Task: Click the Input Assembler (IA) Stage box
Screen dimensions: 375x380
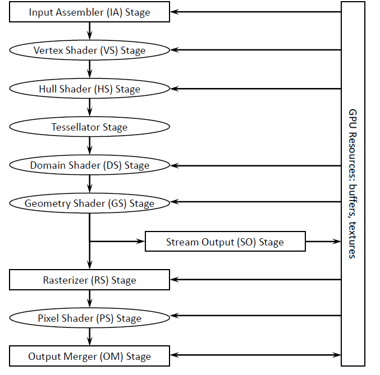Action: coord(89,12)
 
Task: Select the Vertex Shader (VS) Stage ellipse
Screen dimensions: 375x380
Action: coord(89,50)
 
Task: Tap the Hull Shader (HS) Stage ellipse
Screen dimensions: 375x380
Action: coord(89,89)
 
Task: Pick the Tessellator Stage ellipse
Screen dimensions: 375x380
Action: coord(89,127)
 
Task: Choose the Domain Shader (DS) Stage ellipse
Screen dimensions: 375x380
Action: coord(89,165)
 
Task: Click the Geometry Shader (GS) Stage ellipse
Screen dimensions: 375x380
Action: coord(89,203)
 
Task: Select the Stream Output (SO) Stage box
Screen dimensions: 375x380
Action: coord(225,242)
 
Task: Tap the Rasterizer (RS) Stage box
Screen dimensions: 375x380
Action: coord(89,280)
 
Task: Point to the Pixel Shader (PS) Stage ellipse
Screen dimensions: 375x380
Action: coord(89,318)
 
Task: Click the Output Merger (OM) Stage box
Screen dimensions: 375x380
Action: coord(89,357)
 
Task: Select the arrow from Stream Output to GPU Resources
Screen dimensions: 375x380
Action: coord(323,242)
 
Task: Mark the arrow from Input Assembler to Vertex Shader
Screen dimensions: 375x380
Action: coord(89,31)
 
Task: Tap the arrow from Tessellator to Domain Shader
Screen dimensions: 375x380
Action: coord(89,146)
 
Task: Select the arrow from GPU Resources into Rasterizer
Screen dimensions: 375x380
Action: coord(255,279)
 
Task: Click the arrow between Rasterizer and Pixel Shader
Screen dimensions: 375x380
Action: coord(89,299)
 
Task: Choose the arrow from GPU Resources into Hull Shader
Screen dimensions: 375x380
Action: coord(255,89)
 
